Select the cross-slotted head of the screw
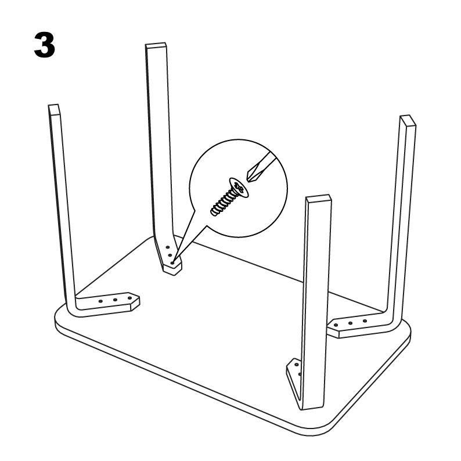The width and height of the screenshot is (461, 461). (238, 187)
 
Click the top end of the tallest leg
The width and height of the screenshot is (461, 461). (155, 46)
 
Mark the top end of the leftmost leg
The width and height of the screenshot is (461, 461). (54, 109)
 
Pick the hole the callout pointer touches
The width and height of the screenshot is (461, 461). (173, 262)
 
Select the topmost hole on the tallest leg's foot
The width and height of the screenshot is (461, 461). (168, 247)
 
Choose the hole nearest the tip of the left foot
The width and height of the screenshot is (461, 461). (127, 298)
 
